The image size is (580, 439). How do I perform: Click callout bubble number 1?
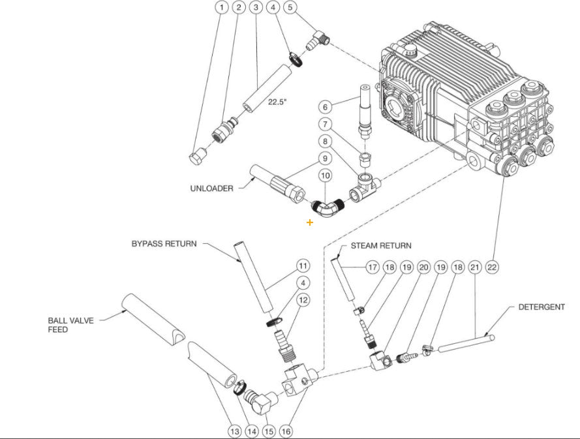(x=222, y=8)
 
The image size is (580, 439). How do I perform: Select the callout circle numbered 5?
(x=290, y=8)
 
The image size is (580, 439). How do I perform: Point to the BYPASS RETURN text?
(x=164, y=244)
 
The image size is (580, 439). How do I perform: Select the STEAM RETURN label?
(x=381, y=245)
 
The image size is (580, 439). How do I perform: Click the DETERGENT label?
(x=542, y=307)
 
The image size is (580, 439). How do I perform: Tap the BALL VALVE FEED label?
(x=67, y=325)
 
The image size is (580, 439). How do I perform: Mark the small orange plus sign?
(x=309, y=222)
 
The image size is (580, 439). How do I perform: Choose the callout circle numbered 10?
(x=325, y=176)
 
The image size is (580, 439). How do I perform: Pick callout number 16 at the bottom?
(x=286, y=431)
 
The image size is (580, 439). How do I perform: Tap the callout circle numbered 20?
(x=423, y=267)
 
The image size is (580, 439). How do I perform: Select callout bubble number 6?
(x=325, y=106)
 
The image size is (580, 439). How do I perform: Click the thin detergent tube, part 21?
(x=464, y=344)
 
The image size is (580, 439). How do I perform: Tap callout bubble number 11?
(x=303, y=265)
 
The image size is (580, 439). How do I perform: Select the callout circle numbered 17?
(x=372, y=267)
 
